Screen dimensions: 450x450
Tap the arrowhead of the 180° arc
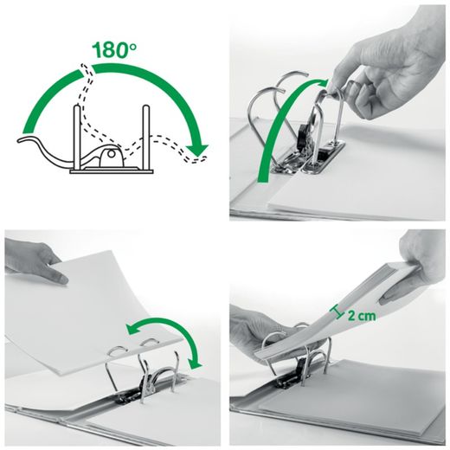coord(200,153)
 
